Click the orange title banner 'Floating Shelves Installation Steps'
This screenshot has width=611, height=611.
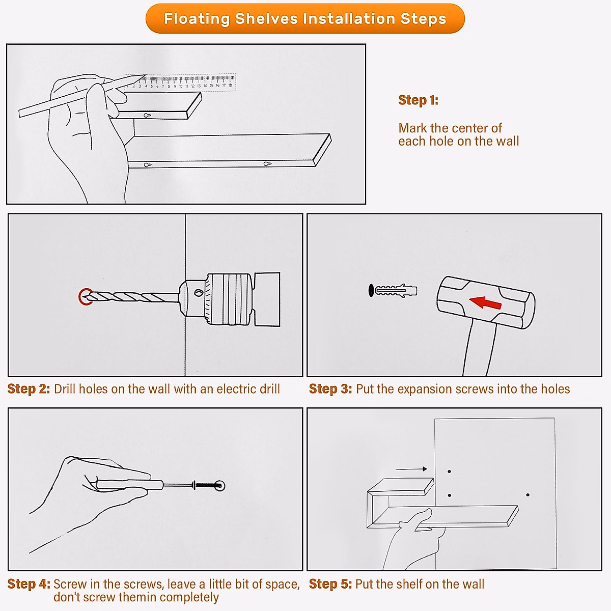[305, 18]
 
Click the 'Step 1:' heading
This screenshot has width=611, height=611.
[418, 100]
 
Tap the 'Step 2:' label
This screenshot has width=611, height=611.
[29, 388]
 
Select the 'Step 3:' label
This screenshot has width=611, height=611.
[330, 388]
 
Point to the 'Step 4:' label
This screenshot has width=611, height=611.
[29, 584]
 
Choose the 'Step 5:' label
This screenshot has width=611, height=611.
[330, 584]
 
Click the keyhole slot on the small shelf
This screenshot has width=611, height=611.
[147, 115]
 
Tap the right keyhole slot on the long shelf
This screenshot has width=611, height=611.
[267, 164]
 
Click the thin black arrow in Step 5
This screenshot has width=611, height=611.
[411, 469]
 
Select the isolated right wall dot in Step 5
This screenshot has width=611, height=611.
[527, 494]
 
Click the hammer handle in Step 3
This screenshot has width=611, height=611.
[479, 348]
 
